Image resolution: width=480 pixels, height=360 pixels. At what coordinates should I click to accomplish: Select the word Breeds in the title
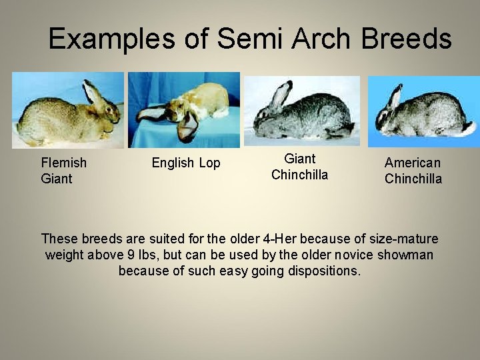(407, 39)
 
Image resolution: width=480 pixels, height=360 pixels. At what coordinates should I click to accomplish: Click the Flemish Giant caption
(63, 171)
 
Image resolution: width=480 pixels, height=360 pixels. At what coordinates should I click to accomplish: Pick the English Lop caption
(186, 163)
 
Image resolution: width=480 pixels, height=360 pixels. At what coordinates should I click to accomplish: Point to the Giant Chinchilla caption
(299, 167)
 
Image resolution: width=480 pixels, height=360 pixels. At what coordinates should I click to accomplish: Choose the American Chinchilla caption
(413, 171)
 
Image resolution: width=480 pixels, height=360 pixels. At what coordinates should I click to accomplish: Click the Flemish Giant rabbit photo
(68, 110)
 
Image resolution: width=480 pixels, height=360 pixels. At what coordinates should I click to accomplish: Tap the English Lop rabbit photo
(184, 110)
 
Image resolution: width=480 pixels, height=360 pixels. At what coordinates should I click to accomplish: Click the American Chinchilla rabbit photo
(423, 111)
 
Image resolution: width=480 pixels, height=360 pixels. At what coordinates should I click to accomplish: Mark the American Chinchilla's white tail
(469, 128)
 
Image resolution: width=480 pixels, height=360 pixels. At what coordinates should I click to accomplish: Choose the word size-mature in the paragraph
(403, 239)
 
